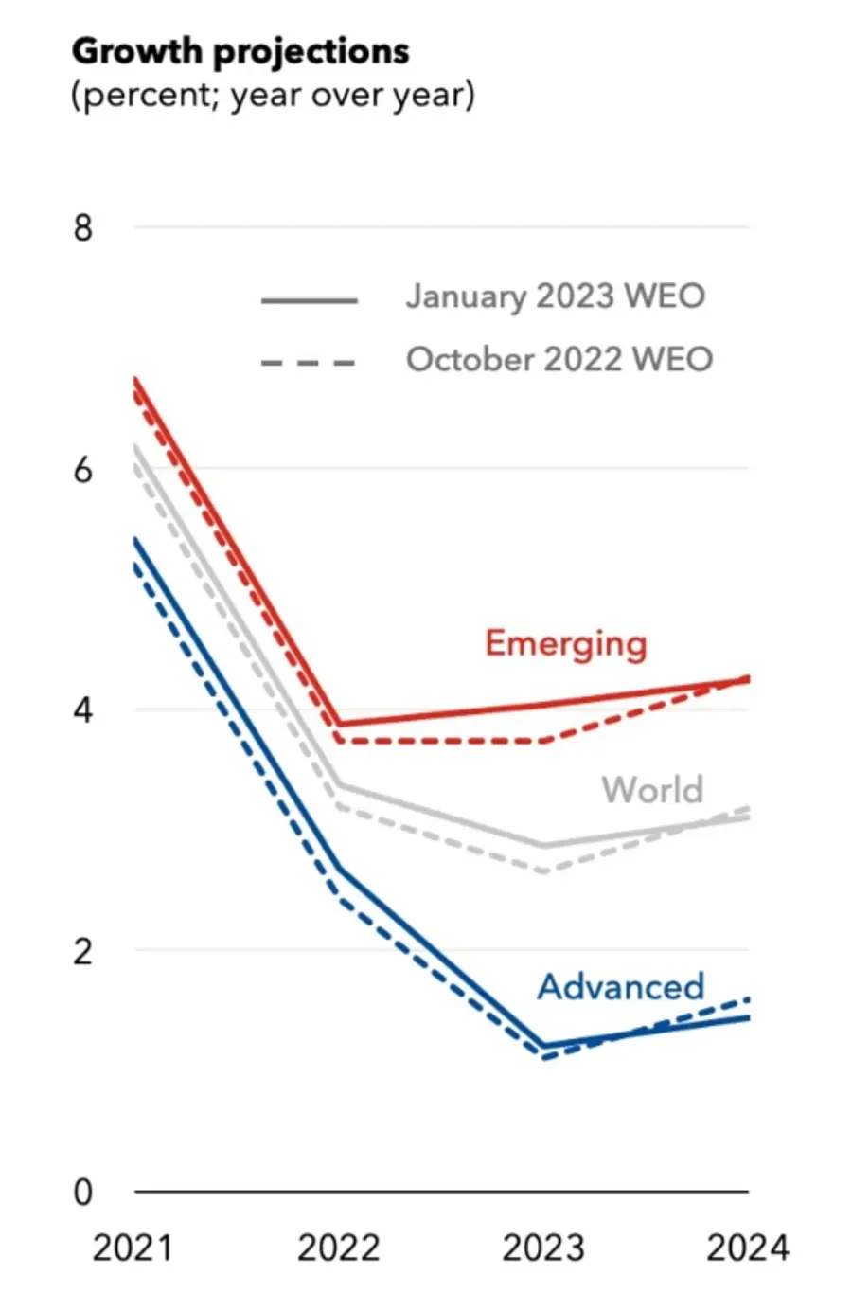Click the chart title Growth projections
(x=240, y=51)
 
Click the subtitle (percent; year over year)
(x=273, y=96)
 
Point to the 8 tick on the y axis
(x=83, y=228)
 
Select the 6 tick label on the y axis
(x=83, y=469)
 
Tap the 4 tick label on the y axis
(x=83, y=709)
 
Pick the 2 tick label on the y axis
(x=83, y=950)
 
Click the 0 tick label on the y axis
(x=83, y=1192)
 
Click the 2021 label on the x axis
(x=133, y=1248)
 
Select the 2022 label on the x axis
(x=338, y=1248)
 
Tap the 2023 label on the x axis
(x=543, y=1248)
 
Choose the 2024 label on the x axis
(x=747, y=1248)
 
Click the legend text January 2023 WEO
(x=556, y=296)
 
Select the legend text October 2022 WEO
(x=559, y=360)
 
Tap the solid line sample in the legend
(x=309, y=300)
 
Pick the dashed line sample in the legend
(x=309, y=363)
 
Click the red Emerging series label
(x=566, y=643)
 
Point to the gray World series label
(x=653, y=789)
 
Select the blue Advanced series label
(x=621, y=986)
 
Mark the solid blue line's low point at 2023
(x=544, y=1047)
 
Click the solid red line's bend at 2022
(x=340, y=725)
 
